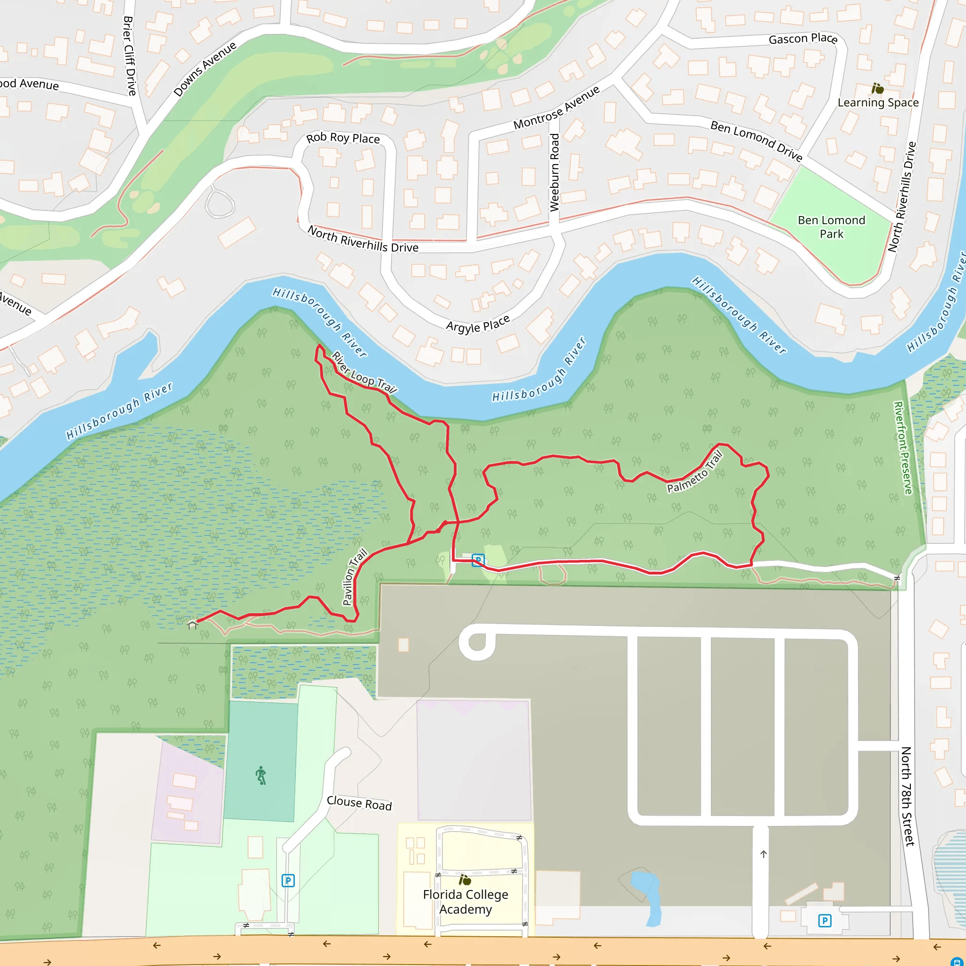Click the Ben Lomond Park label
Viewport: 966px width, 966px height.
(831, 227)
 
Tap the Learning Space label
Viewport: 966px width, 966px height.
(877, 102)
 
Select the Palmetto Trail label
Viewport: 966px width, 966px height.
(695, 472)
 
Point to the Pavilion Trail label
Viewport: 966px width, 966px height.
(355, 577)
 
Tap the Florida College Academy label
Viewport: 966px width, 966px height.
(466, 901)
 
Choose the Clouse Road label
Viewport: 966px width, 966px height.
(359, 803)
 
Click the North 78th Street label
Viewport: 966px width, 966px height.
(907, 796)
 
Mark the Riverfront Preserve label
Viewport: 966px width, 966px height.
(902, 448)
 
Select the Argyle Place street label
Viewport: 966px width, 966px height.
(477, 324)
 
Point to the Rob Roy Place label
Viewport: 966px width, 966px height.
(343, 138)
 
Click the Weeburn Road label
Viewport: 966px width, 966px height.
(555, 173)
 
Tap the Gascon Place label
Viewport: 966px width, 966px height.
(802, 39)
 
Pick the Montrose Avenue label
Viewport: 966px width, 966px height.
(557, 108)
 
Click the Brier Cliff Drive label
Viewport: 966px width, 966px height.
(130, 56)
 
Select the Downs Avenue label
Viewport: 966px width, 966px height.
(205, 69)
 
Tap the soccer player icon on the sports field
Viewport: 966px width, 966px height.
(261, 775)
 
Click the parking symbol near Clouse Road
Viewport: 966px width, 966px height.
(288, 881)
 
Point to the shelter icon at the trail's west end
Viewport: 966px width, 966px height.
(192, 624)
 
